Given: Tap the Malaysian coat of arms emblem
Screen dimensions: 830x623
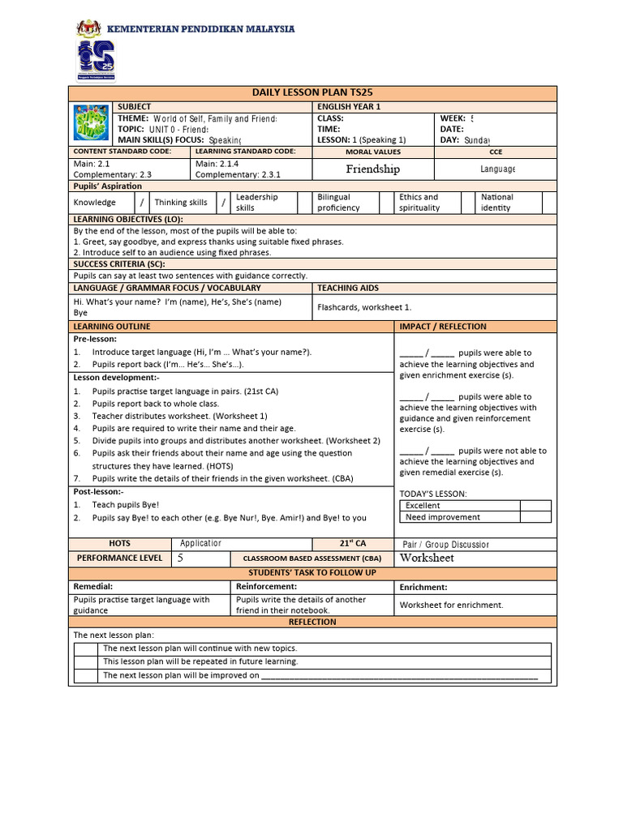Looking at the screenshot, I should coord(88,29).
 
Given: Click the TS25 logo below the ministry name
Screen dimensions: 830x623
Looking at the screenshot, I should coord(96,60).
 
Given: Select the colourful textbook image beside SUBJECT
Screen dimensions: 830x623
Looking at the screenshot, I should coord(90,123).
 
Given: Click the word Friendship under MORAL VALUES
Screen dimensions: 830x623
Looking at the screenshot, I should coord(372,169).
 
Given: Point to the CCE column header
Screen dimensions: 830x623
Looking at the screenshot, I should coord(496,152).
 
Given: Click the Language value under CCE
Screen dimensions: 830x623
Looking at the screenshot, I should coord(497,169).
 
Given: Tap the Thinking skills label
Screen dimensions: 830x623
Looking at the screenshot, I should coord(181,203).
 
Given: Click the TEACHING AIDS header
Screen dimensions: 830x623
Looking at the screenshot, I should coord(348,288).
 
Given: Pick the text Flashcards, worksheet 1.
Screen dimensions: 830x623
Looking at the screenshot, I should coord(364,307).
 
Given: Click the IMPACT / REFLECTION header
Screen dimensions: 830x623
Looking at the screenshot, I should coord(442,327).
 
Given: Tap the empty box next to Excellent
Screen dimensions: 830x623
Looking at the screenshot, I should coord(535,505).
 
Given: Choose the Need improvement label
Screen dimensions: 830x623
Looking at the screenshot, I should coord(443,517).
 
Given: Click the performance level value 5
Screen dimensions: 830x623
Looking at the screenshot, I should coord(180,558).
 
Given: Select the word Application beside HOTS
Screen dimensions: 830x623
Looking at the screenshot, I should coord(200,544).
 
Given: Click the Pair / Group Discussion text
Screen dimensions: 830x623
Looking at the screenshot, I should coord(446,545).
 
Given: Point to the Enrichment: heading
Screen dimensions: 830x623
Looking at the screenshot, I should coord(423,587).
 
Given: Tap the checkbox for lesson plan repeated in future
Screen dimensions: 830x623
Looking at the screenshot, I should coord(86,661).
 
